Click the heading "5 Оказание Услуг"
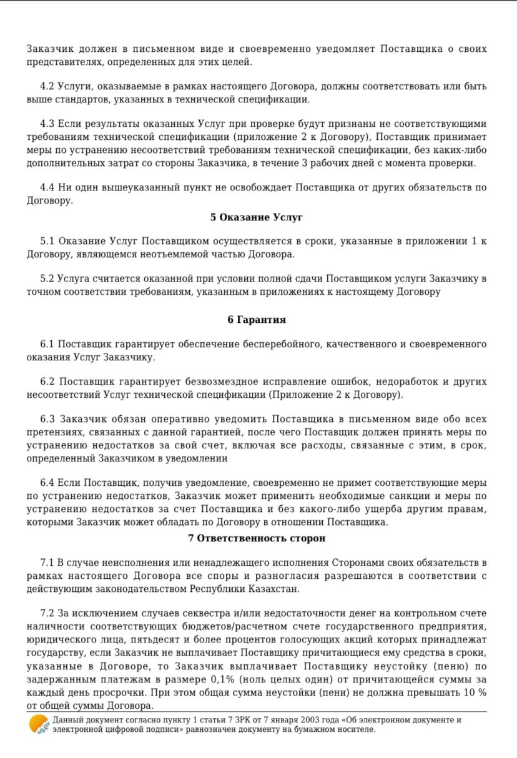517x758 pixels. point(256,217)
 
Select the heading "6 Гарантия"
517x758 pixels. point(257,320)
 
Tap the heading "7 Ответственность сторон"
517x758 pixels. point(257,538)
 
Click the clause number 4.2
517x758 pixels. point(47,86)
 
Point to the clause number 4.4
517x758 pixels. point(47,187)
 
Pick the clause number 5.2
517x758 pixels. point(47,278)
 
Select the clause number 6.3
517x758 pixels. point(47,419)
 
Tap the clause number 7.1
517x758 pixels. point(47,564)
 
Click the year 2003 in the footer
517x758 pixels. point(285,720)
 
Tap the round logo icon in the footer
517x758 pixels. point(39,724)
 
